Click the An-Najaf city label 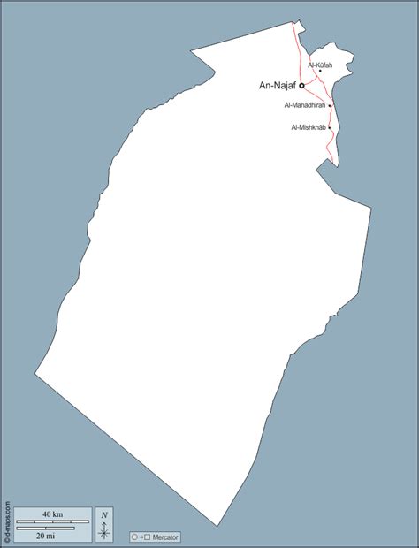(x=277, y=86)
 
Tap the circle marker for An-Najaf (x=301, y=86)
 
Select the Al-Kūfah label (x=320, y=65)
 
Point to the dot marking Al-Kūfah (x=320, y=72)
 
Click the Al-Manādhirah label (x=305, y=106)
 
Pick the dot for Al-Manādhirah (x=330, y=106)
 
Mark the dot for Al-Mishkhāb (x=329, y=128)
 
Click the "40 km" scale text (x=52, y=514)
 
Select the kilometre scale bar (x=52, y=522)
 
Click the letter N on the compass (x=104, y=514)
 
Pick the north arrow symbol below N (x=104, y=530)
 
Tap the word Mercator (x=165, y=537)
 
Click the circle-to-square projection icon (x=141, y=537)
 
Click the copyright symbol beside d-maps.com (x=7, y=541)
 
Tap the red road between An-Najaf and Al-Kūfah (x=311, y=80)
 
